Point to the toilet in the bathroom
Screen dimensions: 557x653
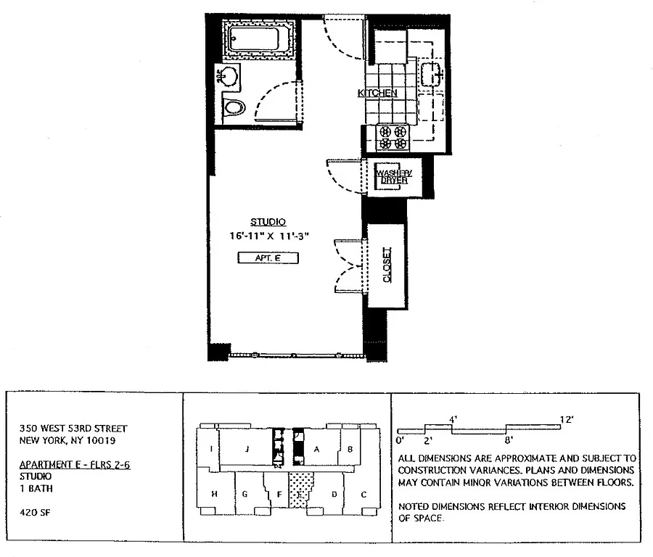233,108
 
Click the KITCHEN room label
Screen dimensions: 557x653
377,94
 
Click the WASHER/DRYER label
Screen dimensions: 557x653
391,176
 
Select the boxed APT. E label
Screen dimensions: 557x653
268,257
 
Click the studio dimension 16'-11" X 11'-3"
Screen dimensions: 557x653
268,236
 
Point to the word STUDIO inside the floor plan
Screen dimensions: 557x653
268,222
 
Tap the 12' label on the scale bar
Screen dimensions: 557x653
567,420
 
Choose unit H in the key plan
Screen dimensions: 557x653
215,494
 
